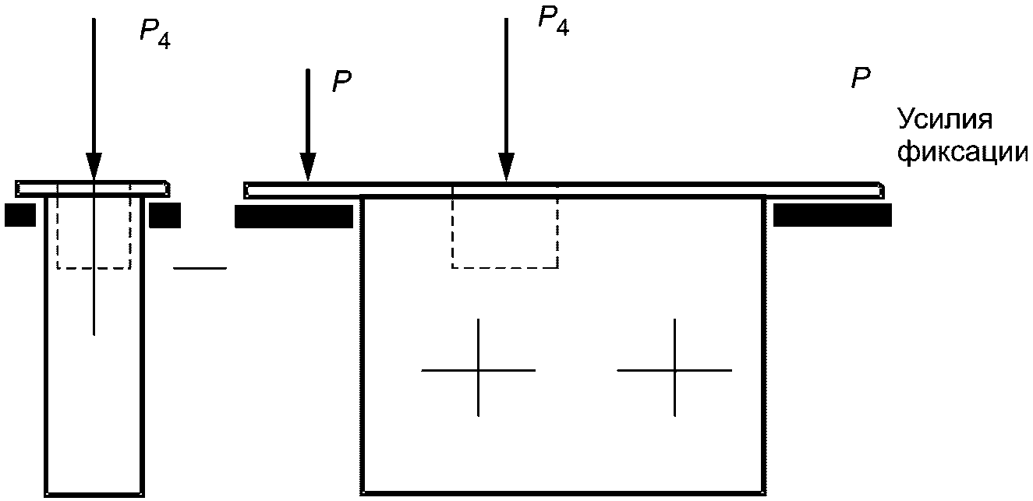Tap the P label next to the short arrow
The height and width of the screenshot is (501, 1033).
(x=341, y=82)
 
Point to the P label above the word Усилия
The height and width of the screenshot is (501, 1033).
(x=861, y=78)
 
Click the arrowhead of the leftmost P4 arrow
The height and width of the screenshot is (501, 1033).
(x=94, y=166)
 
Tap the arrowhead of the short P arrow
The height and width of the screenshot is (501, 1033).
(x=309, y=165)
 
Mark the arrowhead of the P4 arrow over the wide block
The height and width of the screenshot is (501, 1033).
(x=507, y=165)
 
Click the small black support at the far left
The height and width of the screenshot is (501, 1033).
(x=19, y=215)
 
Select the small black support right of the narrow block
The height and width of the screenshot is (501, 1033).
(x=165, y=215)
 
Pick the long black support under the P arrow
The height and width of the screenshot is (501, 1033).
(x=294, y=217)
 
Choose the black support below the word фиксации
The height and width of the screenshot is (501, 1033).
(x=831, y=216)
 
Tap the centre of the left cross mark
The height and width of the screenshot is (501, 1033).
(x=479, y=369)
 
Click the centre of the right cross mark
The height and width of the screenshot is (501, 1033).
(x=675, y=369)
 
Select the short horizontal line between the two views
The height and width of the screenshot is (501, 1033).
(x=200, y=268)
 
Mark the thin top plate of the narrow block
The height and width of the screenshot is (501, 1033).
(x=93, y=188)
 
